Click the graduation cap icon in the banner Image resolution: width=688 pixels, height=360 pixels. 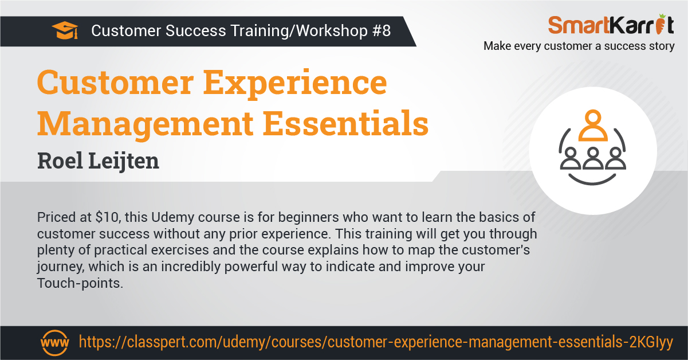[65, 30]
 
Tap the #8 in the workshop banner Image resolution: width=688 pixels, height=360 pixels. [382, 31]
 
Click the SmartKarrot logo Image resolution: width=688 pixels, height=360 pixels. [611, 24]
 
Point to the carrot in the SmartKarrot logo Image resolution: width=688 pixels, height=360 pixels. [660, 24]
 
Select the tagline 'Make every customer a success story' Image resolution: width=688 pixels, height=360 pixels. [579, 46]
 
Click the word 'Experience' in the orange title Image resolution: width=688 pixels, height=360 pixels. [295, 84]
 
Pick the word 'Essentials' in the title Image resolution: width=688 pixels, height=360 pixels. [345, 123]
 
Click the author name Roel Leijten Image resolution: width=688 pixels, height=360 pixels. [99, 161]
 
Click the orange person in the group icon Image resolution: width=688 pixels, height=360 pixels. [593, 126]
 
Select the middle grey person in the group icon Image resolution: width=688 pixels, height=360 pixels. [593, 159]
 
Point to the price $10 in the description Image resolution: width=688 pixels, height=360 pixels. [107, 217]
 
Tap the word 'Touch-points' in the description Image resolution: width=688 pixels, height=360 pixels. [80, 283]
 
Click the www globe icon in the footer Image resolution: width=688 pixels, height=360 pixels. [54, 342]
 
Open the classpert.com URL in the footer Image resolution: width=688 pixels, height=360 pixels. [376, 342]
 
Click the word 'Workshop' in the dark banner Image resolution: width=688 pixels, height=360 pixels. [332, 31]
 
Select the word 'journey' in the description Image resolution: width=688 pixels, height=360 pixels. [61, 267]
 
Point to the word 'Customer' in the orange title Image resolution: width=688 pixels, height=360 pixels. [115, 83]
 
